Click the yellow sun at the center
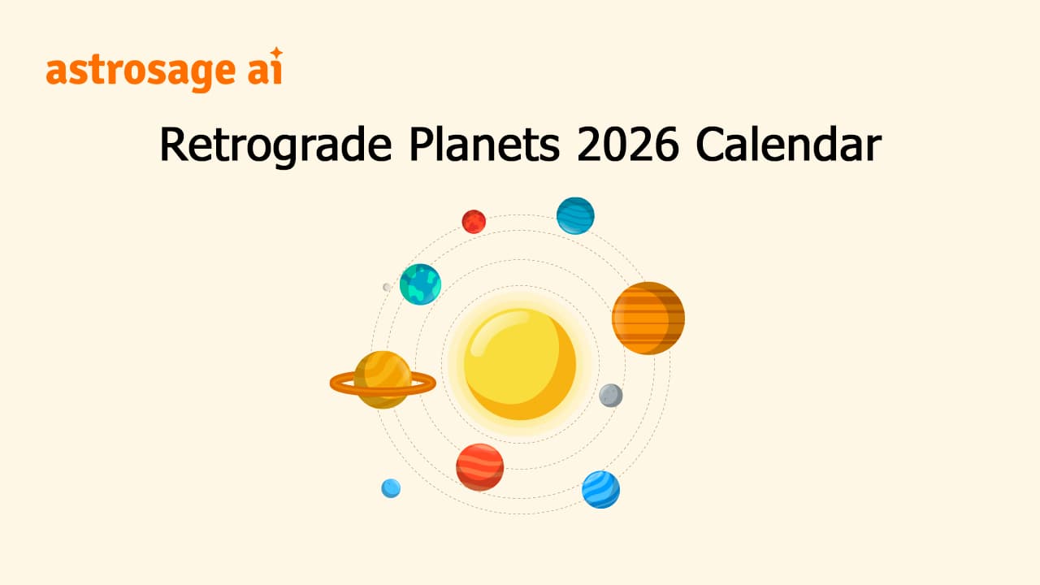pyautogui.click(x=520, y=363)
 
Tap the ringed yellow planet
pyautogui.click(x=382, y=379)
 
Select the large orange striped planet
pyautogui.click(x=648, y=318)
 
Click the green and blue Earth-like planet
pyautogui.click(x=420, y=284)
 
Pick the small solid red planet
pyautogui.click(x=474, y=221)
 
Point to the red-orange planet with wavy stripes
pyautogui.click(x=479, y=467)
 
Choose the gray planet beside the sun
pyautogui.click(x=611, y=396)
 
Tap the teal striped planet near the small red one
pyautogui.click(x=575, y=215)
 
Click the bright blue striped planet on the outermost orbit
pyautogui.click(x=600, y=489)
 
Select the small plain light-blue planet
pyautogui.click(x=391, y=487)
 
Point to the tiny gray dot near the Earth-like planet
pyautogui.click(x=387, y=287)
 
